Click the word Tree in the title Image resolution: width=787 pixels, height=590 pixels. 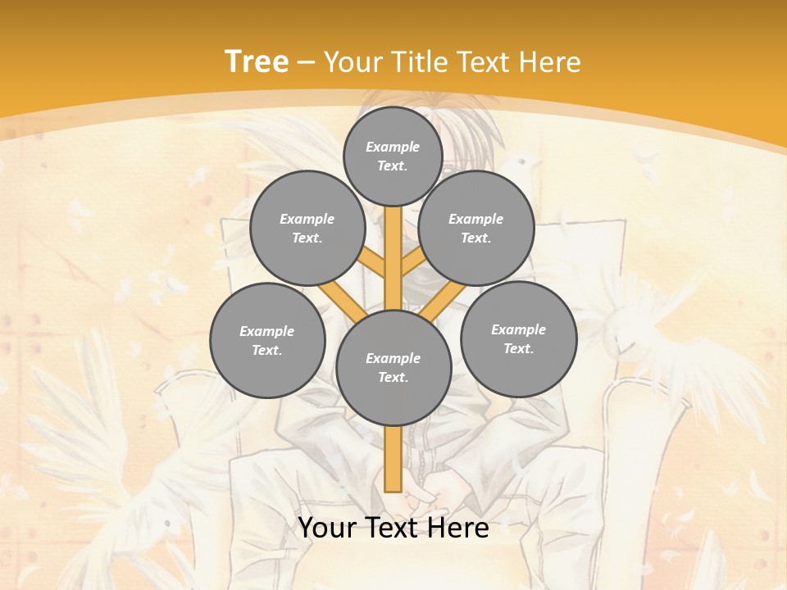coord(257,62)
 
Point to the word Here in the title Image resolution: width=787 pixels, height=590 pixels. coord(550,62)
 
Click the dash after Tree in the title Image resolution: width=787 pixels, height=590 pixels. coord(306,63)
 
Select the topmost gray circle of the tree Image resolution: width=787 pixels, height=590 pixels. coord(393,156)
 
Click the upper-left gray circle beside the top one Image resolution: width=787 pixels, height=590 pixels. coord(307,229)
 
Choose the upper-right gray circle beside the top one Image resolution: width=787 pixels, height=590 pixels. coord(476,229)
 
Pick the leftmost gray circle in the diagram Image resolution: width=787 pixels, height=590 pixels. coord(267,340)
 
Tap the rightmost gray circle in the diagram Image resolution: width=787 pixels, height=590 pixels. coord(519,338)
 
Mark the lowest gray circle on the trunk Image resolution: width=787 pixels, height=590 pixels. coord(393,368)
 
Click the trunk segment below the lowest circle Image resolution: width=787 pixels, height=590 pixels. coord(393,459)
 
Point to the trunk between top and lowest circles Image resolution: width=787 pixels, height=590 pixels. coord(393,258)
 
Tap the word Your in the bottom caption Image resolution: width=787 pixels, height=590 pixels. coord(328,528)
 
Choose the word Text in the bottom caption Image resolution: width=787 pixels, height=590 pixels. coord(393,528)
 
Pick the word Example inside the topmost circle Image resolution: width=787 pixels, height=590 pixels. coord(393,147)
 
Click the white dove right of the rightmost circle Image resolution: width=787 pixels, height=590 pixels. coord(648,328)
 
